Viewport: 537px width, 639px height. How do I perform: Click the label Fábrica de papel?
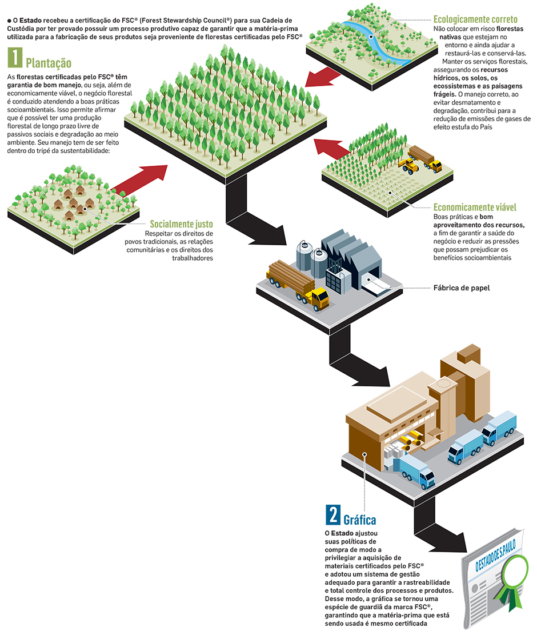[462, 288]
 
